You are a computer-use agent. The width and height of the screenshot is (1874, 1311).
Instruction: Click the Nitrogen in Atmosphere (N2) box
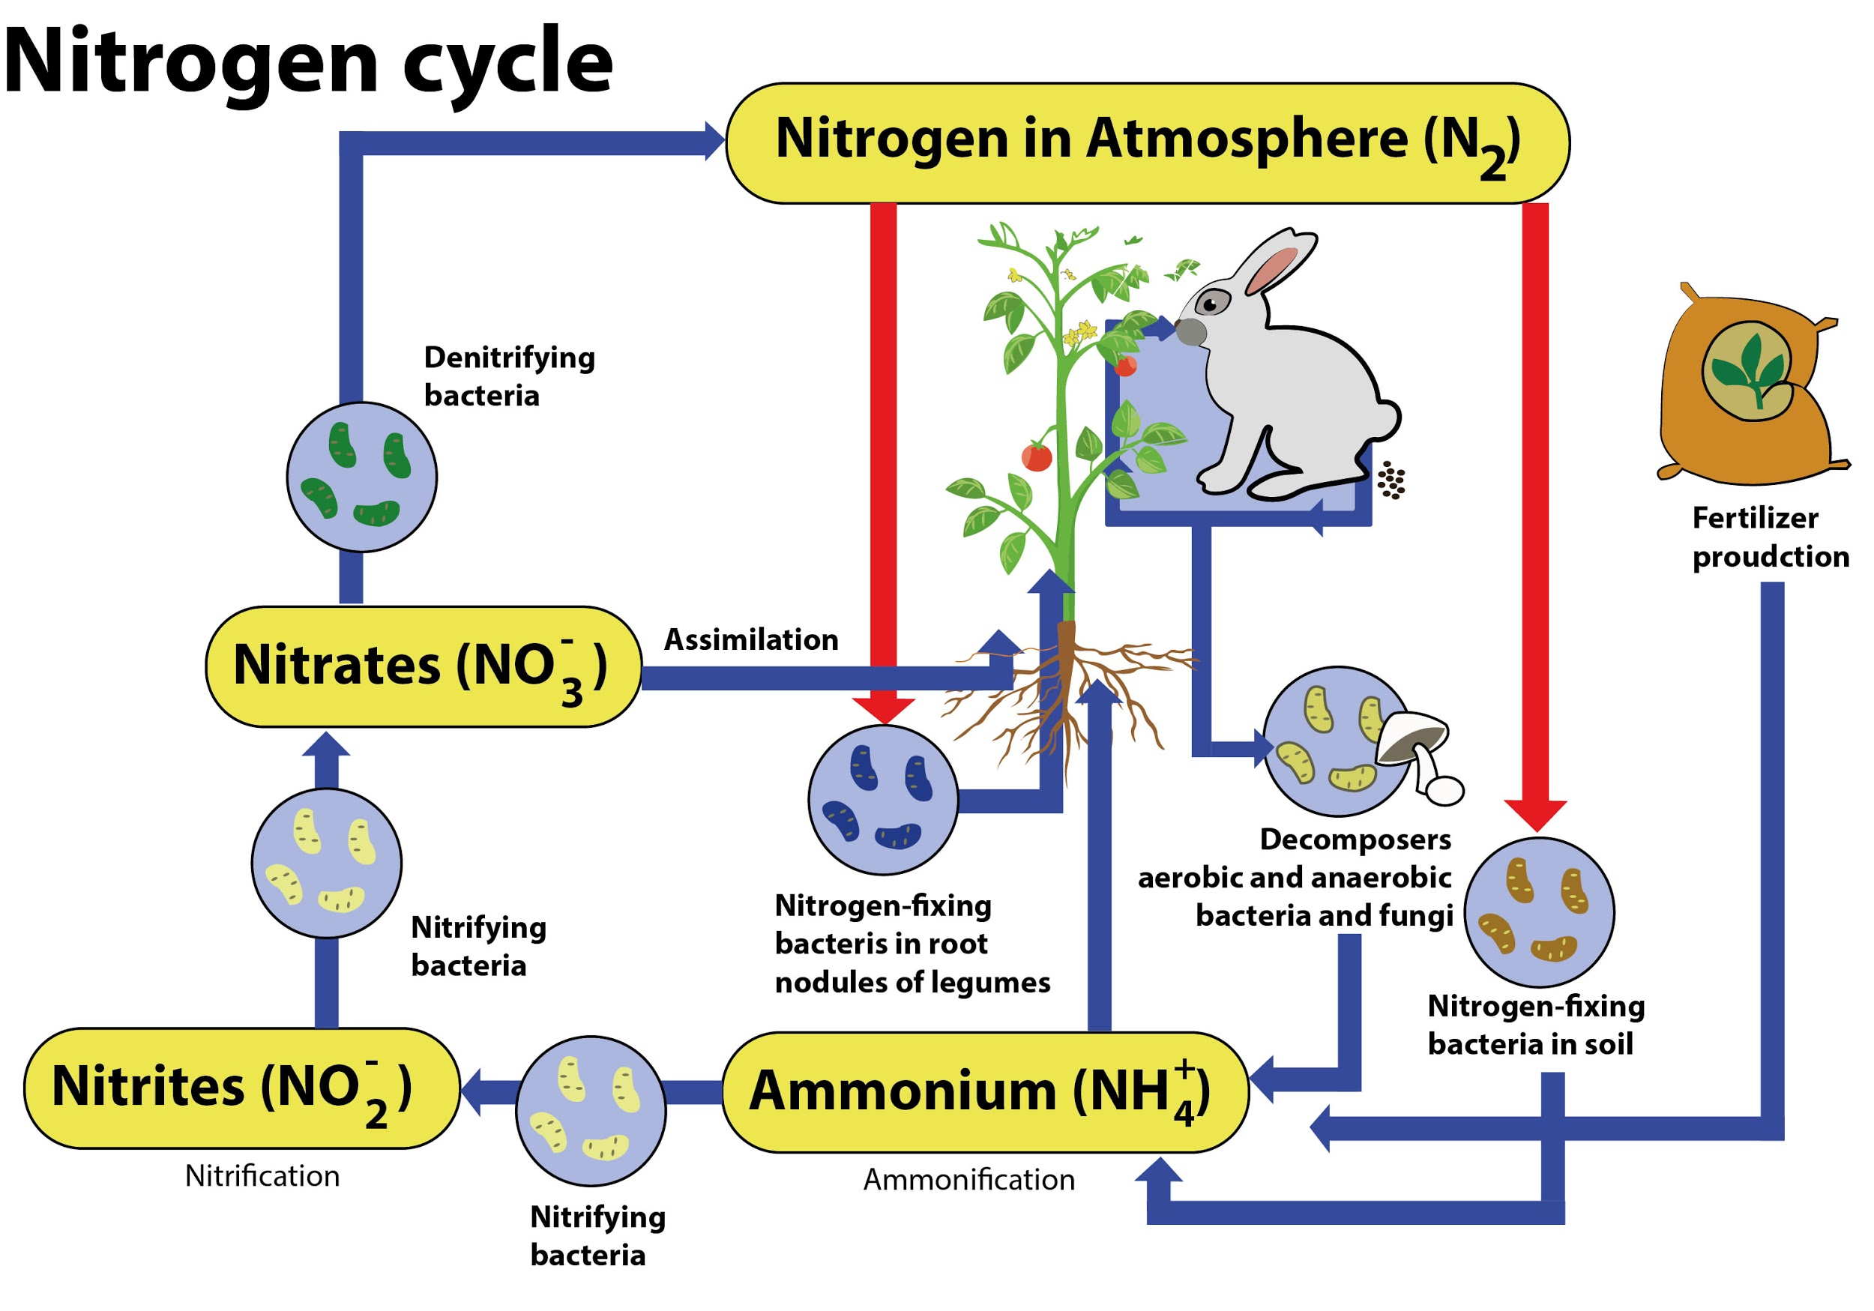[1147, 143]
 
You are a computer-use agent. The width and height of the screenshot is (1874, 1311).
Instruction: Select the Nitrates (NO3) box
[423, 666]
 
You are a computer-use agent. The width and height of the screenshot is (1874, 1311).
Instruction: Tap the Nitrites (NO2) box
[241, 1088]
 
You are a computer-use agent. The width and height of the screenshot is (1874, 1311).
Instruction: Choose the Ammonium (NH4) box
[985, 1092]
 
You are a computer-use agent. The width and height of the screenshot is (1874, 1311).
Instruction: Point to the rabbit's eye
[1211, 304]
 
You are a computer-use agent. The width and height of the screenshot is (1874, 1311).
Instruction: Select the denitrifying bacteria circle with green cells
[361, 477]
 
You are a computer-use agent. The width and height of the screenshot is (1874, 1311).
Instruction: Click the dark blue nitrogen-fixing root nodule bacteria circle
[883, 800]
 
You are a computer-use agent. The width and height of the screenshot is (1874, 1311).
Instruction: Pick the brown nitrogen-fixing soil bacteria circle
[1540, 911]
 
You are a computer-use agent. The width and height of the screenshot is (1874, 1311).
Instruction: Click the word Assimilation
[751, 639]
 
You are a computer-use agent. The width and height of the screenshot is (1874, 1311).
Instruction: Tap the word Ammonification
[968, 1180]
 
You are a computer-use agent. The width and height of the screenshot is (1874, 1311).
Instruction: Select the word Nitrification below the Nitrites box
[262, 1175]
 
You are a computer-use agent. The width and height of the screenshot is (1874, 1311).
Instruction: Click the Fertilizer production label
[1770, 537]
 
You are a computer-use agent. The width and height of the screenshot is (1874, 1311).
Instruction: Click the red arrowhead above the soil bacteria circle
[1535, 814]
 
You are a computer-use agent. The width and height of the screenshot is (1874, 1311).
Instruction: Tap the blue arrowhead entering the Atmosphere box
[714, 142]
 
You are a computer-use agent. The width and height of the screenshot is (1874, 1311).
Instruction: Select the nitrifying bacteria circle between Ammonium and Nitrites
[591, 1111]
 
